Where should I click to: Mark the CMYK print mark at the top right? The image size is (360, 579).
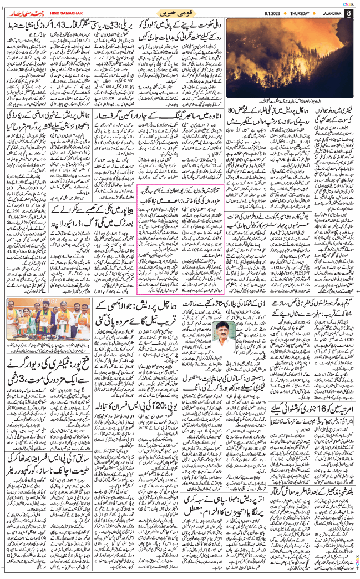pyautogui.click(x=348, y=3)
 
